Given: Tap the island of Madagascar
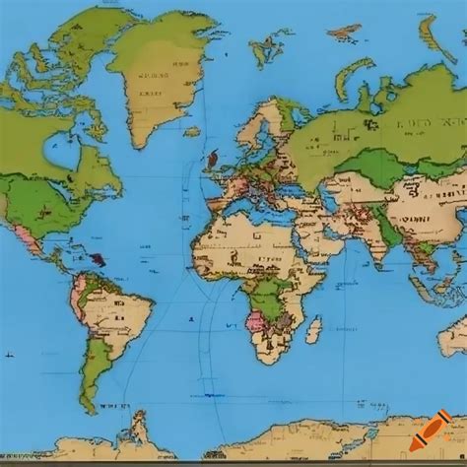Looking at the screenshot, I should pyautogui.click(x=312, y=330).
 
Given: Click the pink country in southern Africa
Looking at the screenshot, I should pyautogui.click(x=253, y=320).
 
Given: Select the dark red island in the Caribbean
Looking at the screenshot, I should pyautogui.click(x=99, y=259).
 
